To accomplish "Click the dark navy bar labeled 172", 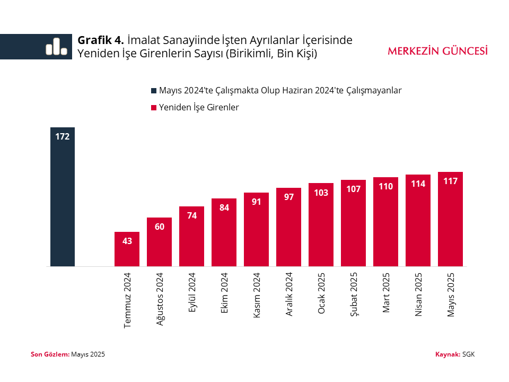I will (x=63, y=202).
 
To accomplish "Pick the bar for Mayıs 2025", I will (x=450, y=223).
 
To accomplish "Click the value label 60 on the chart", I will (x=160, y=227).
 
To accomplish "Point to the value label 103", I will (x=321, y=193).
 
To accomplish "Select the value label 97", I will (x=288, y=197).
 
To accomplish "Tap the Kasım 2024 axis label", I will (x=257, y=295).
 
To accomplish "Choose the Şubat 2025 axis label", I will (x=354, y=294).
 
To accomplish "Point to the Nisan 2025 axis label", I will (x=418, y=294).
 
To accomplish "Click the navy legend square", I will (x=154, y=91).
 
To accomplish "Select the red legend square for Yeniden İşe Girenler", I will (x=154, y=108).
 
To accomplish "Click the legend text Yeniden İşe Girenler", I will (x=199, y=107).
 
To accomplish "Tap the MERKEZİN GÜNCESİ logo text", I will (x=437, y=51).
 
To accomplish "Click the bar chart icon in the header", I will (x=56, y=47).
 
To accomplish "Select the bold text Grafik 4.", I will (x=101, y=40).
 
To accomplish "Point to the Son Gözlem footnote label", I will (x=50, y=354).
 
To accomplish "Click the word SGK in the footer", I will (x=468, y=354).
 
